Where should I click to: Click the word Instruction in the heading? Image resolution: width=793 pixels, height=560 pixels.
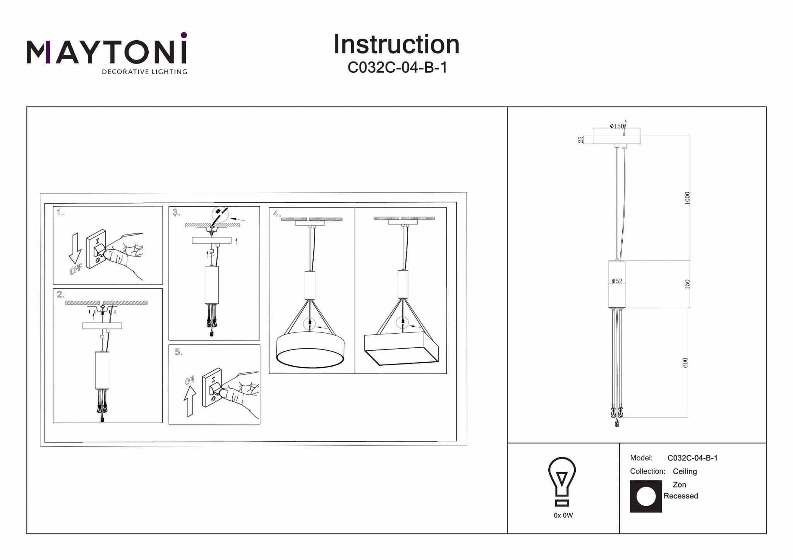(x=396, y=45)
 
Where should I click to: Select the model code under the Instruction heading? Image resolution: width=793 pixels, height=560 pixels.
(x=398, y=68)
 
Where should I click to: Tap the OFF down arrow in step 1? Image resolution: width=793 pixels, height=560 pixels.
(x=75, y=248)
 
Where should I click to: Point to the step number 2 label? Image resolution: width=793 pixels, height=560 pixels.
(x=61, y=295)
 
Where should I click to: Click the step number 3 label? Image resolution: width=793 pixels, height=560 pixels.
(x=177, y=212)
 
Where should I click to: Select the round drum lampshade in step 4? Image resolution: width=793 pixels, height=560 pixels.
(x=310, y=349)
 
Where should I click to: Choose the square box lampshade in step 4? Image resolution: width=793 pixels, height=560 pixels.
(x=402, y=348)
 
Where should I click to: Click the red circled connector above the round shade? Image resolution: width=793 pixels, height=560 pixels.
(x=310, y=324)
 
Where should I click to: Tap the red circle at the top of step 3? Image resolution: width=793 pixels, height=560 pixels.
(x=220, y=214)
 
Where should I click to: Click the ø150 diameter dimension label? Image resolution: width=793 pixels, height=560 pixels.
(x=617, y=126)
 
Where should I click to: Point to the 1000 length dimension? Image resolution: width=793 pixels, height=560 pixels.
(x=687, y=198)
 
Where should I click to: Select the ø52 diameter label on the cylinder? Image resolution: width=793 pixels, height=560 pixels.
(x=617, y=281)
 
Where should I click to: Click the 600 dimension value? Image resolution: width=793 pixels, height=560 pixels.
(x=685, y=363)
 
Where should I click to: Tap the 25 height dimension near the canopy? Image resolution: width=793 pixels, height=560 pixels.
(x=581, y=140)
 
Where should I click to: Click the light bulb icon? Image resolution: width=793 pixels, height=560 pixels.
(x=562, y=482)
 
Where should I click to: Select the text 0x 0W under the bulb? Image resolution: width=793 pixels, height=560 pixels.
(x=563, y=515)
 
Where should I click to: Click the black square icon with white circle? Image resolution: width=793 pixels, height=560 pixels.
(x=646, y=497)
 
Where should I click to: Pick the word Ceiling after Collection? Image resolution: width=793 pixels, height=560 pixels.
(x=685, y=471)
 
